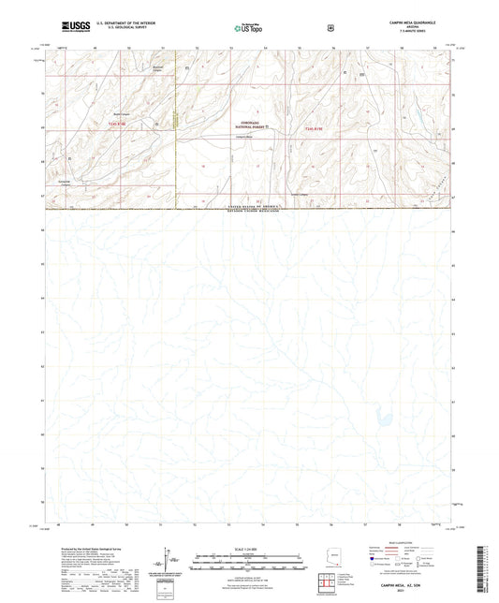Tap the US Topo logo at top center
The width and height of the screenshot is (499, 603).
point(246,29)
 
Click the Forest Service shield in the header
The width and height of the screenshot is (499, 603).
point(329,27)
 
